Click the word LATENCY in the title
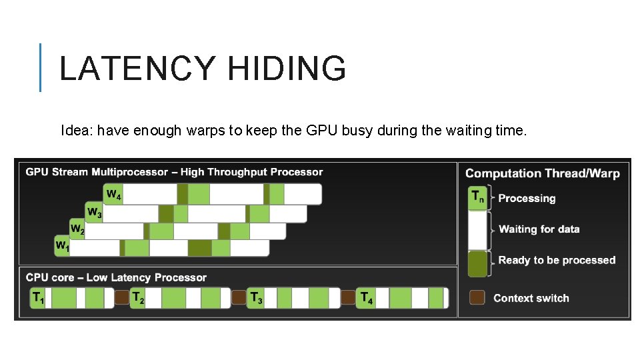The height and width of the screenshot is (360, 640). click(137, 69)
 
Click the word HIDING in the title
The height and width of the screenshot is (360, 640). click(287, 69)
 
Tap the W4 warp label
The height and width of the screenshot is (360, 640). click(113, 195)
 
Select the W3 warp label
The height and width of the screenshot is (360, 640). click(95, 213)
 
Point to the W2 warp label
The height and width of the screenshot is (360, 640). click(77, 230)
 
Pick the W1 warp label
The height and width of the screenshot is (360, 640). click(62, 247)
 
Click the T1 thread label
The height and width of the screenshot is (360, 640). click(39, 299)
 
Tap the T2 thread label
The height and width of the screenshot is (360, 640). click(138, 298)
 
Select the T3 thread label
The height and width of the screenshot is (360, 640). click(255, 298)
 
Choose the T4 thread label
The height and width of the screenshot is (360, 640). click(366, 298)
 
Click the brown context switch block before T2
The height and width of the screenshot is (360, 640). click(121, 297)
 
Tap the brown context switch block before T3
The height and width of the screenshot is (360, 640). click(239, 297)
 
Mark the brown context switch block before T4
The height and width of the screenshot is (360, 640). click(348, 297)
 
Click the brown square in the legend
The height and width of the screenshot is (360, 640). click(477, 297)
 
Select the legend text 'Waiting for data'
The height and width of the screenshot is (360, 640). click(539, 229)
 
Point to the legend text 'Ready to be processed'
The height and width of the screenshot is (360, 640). click(556, 260)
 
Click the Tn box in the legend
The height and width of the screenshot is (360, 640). click(478, 197)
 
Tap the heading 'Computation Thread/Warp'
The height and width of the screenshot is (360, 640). click(542, 173)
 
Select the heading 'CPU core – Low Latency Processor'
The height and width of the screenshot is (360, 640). click(116, 277)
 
